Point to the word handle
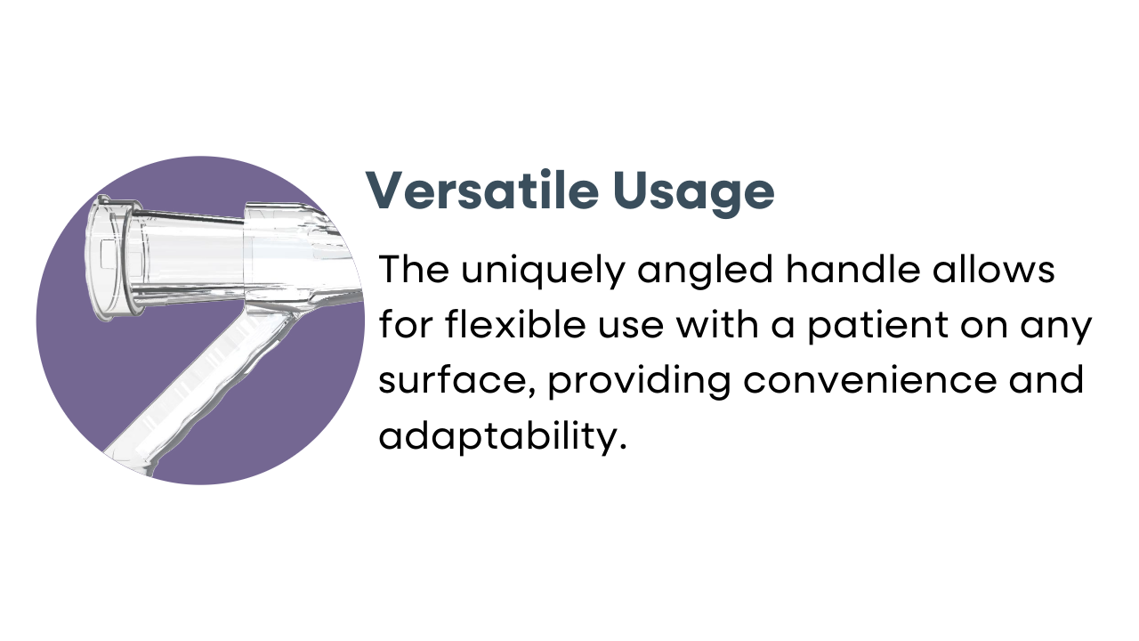click(852, 269)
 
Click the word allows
click(994, 269)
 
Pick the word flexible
click(515, 324)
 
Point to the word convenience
click(869, 380)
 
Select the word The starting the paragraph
click(414, 269)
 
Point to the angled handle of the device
click(204, 386)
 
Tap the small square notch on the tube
click(109, 255)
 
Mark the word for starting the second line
click(407, 324)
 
